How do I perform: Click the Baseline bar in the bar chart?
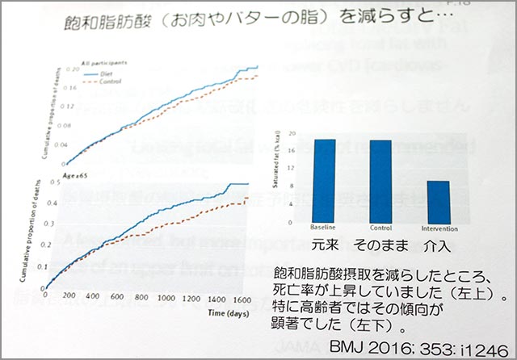[324, 179]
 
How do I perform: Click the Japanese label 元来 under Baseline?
[323, 241]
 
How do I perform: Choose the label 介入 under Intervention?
[438, 241]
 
